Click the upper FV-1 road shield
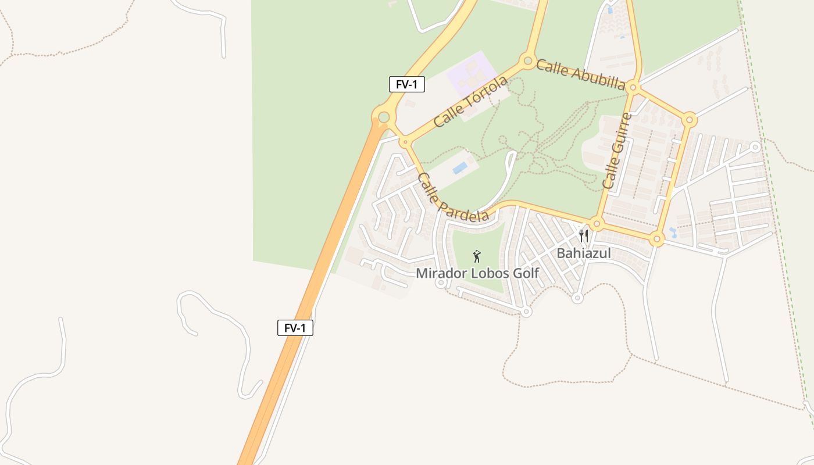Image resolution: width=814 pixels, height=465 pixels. click(x=407, y=84)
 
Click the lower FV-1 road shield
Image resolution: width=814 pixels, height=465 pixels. click(x=295, y=328)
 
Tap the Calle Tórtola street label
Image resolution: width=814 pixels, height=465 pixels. click(x=470, y=102)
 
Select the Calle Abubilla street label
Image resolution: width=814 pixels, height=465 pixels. click(x=581, y=74)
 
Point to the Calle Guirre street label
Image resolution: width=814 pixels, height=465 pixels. click(x=617, y=151)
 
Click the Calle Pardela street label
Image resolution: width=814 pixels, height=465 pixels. click(x=453, y=198)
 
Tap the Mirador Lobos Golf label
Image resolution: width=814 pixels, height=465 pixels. click(x=477, y=273)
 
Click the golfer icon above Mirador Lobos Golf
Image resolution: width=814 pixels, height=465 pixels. click(x=477, y=256)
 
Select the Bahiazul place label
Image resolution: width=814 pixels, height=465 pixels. click(x=584, y=253)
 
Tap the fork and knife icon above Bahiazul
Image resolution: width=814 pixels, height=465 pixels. click(x=584, y=236)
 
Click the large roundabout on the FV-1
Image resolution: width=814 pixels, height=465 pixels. click(x=383, y=118)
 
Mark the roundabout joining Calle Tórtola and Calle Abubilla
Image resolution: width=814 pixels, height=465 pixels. click(x=528, y=60)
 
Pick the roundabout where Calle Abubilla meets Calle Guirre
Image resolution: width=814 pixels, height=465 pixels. click(x=634, y=88)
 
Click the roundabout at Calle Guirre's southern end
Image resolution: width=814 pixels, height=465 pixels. click(x=596, y=224)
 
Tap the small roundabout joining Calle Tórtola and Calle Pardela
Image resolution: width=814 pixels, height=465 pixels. click(x=404, y=141)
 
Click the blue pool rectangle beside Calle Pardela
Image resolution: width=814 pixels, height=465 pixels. click(x=460, y=168)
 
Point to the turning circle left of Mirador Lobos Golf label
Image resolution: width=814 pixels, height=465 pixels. click(x=441, y=283)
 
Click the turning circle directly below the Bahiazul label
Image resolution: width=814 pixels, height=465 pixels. click(x=577, y=298)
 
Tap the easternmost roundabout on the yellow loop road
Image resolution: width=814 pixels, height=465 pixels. click(x=690, y=120)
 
